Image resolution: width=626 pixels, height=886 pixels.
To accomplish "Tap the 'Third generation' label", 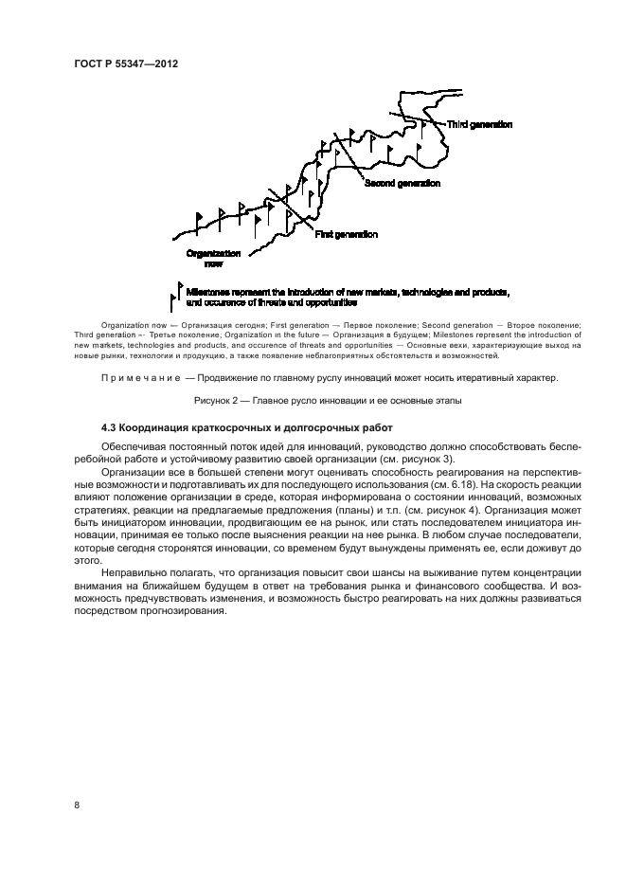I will [479, 124].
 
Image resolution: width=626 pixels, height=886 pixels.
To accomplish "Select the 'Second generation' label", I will [402, 183].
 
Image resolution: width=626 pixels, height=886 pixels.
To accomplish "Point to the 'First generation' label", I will [345, 234].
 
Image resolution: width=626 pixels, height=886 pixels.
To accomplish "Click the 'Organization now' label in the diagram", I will [213, 259].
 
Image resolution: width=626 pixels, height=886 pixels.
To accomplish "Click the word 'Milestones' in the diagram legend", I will [209, 291].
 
